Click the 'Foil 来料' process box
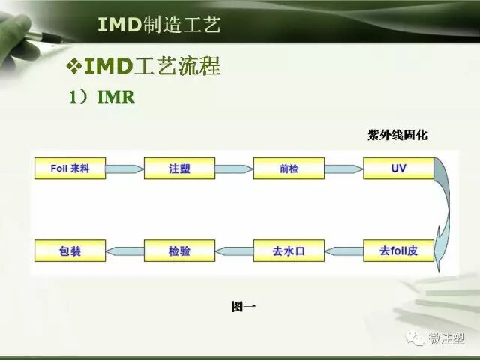tap(69, 169)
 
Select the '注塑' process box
tap(179, 169)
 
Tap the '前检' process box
tap(289, 169)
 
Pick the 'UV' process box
tap(398, 169)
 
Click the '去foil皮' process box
tap(398, 250)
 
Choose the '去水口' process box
tap(289, 250)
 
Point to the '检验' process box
tap(179, 250)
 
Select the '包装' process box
tap(69, 250)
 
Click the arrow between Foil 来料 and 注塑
tap(124, 169)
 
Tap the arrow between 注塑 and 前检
tap(234, 169)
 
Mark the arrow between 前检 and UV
tap(343, 169)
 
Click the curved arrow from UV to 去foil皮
tap(445, 210)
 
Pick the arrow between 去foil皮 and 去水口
tap(343, 250)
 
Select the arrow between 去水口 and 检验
tap(234, 250)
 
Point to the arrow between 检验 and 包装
tap(124, 250)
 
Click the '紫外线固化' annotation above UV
tap(397, 135)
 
